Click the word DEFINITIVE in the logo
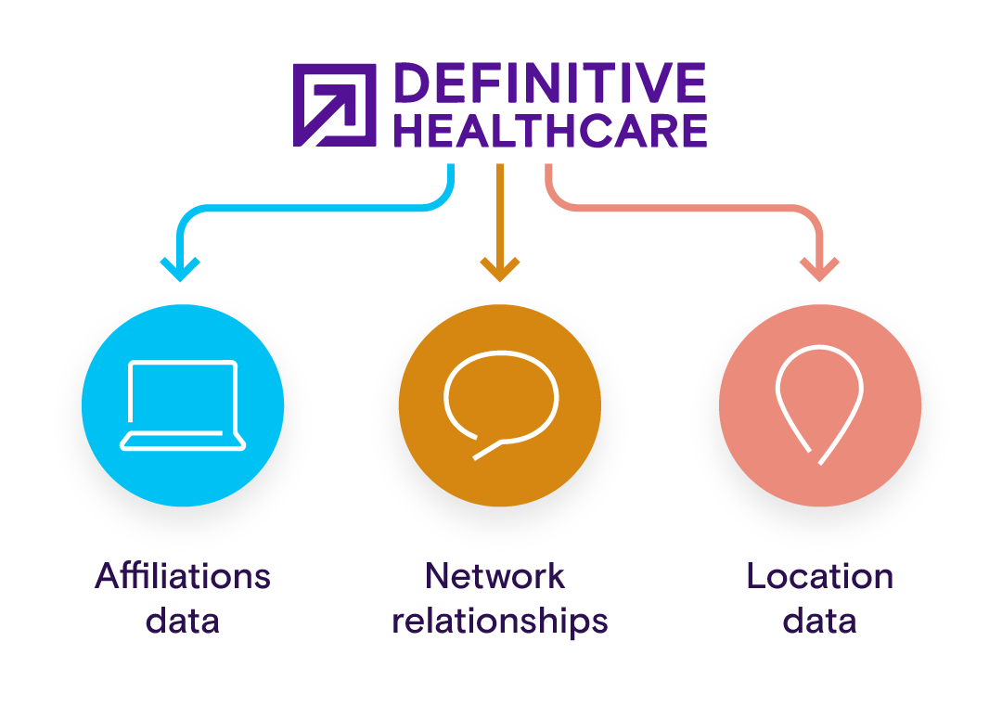549,84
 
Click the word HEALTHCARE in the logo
549,132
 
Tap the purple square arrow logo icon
335,105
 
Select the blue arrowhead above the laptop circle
179,269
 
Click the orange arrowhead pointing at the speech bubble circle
500,270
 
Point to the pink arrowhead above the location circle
819,269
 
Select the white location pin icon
819,399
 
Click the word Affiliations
183,576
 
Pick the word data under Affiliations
183,620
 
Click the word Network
495,576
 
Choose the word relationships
500,620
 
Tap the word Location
819,576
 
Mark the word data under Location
819,620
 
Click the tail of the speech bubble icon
486,451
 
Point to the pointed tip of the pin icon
816,458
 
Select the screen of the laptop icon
183,397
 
